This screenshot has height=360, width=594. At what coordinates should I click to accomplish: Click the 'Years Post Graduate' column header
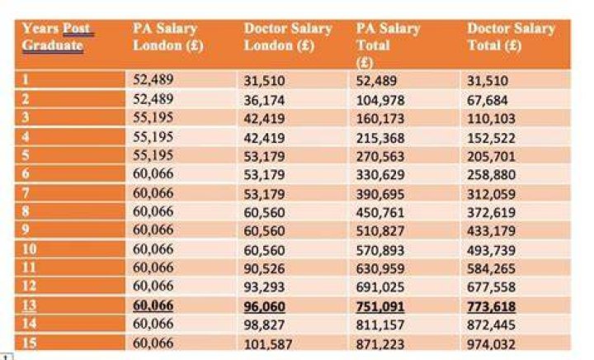point(58,37)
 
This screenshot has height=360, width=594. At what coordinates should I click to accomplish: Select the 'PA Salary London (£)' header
point(168,37)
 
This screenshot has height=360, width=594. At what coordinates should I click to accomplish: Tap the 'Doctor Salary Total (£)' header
point(511,37)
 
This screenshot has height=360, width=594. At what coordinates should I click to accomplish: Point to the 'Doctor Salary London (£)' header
point(288,37)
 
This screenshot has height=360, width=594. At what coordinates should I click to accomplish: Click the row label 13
point(29,306)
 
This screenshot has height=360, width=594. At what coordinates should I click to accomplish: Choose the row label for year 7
point(26,193)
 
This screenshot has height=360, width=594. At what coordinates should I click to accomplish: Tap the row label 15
point(29,343)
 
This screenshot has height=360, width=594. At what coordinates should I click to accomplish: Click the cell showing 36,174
point(264,101)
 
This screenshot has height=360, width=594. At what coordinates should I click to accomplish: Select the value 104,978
point(380,101)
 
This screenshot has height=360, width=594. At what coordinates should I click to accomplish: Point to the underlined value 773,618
point(492,306)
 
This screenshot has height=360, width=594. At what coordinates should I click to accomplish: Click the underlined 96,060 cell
point(265,306)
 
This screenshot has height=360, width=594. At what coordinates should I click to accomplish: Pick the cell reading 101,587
point(268,344)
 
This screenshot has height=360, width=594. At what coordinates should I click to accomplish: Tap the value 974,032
point(492,344)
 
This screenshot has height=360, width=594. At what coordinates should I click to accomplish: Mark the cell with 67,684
point(488,101)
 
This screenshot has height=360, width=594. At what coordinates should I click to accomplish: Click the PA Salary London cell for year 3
point(153,117)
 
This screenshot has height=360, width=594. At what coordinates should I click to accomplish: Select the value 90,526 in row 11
point(264,268)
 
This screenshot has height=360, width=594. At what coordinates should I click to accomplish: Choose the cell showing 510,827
point(380,230)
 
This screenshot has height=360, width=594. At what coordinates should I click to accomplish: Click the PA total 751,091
point(380,306)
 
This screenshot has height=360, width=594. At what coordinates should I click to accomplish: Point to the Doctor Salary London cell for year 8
point(264,212)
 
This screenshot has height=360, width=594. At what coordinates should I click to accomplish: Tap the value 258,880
point(492,175)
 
